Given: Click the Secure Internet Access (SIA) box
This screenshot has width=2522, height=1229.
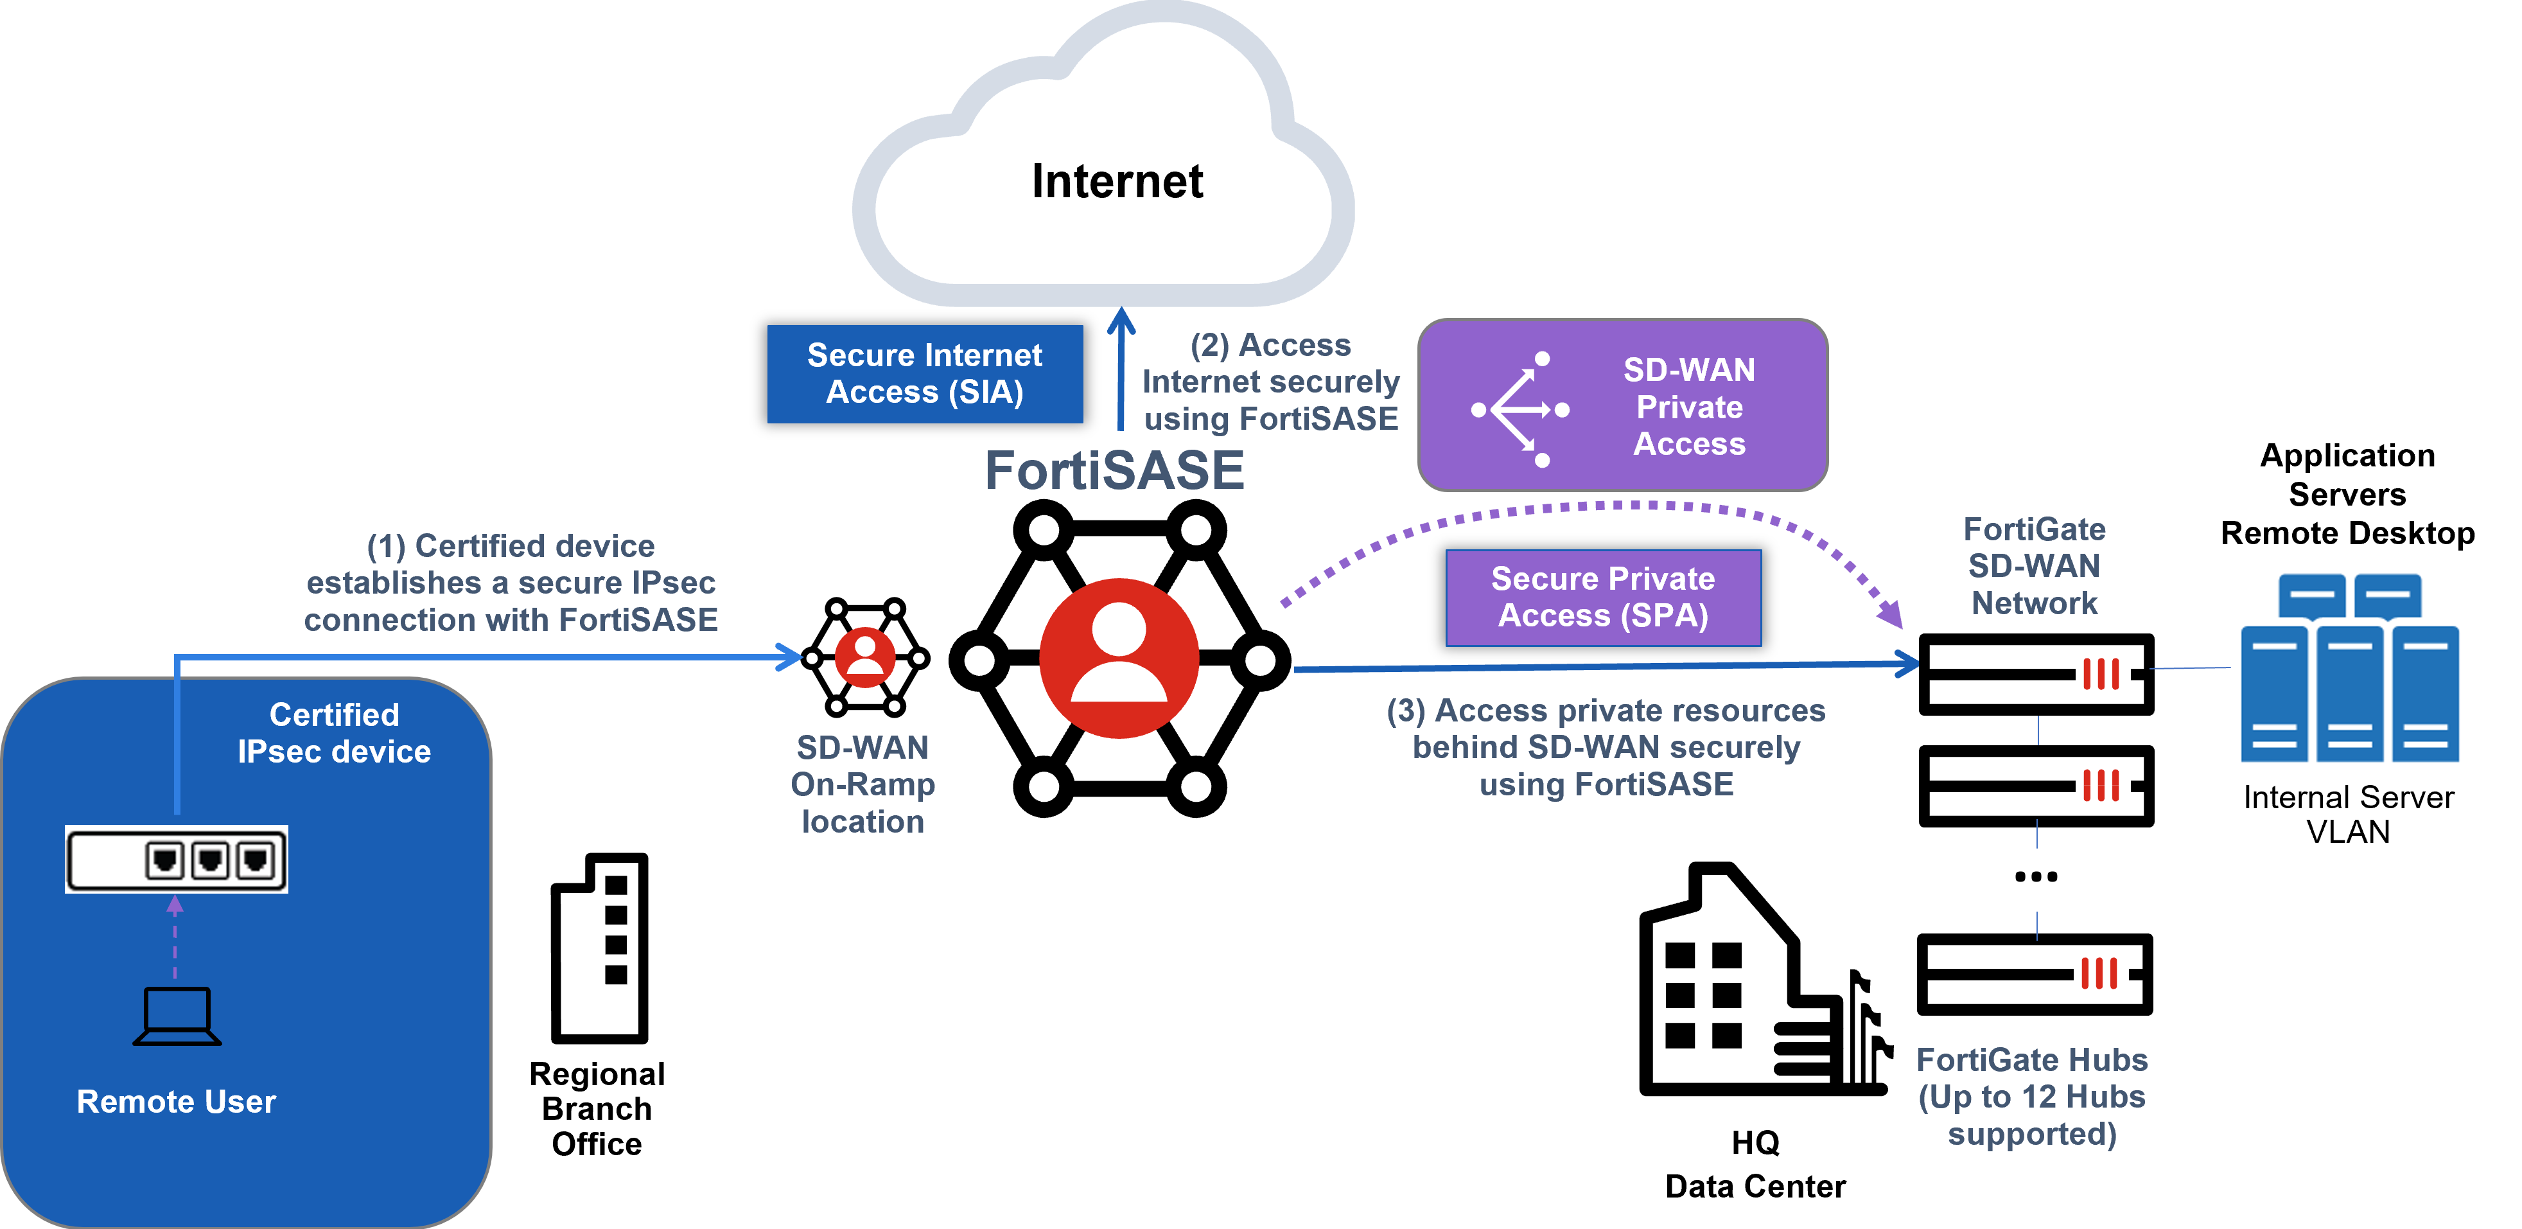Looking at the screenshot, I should point(924,374).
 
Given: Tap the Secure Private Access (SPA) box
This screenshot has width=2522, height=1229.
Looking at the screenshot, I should point(1603,597).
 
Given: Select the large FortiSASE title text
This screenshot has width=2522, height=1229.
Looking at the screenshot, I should point(1114,471).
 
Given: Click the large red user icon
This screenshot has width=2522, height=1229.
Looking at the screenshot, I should point(1118,658).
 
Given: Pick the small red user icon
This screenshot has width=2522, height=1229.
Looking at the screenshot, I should point(864,657).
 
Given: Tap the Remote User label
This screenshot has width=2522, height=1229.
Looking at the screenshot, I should point(176,1102).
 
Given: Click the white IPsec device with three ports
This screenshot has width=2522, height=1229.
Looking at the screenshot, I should point(176,859).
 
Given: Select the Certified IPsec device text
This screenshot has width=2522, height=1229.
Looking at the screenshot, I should point(334,732).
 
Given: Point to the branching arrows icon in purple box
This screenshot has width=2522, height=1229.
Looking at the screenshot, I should point(1519,409).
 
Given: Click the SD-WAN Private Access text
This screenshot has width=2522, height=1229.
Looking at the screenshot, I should point(1689,407).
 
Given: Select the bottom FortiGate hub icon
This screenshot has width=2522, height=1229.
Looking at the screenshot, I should point(2100,975).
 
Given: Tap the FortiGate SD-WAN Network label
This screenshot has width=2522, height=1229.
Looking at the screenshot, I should point(2033,566).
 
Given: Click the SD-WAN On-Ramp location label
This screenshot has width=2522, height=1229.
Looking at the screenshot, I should point(863,784).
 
